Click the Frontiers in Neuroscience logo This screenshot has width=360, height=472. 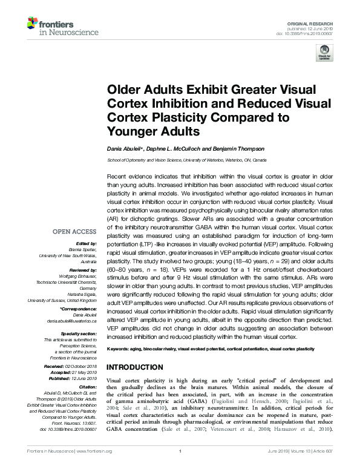pos(50,25)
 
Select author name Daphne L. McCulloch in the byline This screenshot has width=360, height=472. pos(175,148)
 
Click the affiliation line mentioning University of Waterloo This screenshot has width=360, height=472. pos(186,160)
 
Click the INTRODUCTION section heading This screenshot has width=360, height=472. pos(134,367)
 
